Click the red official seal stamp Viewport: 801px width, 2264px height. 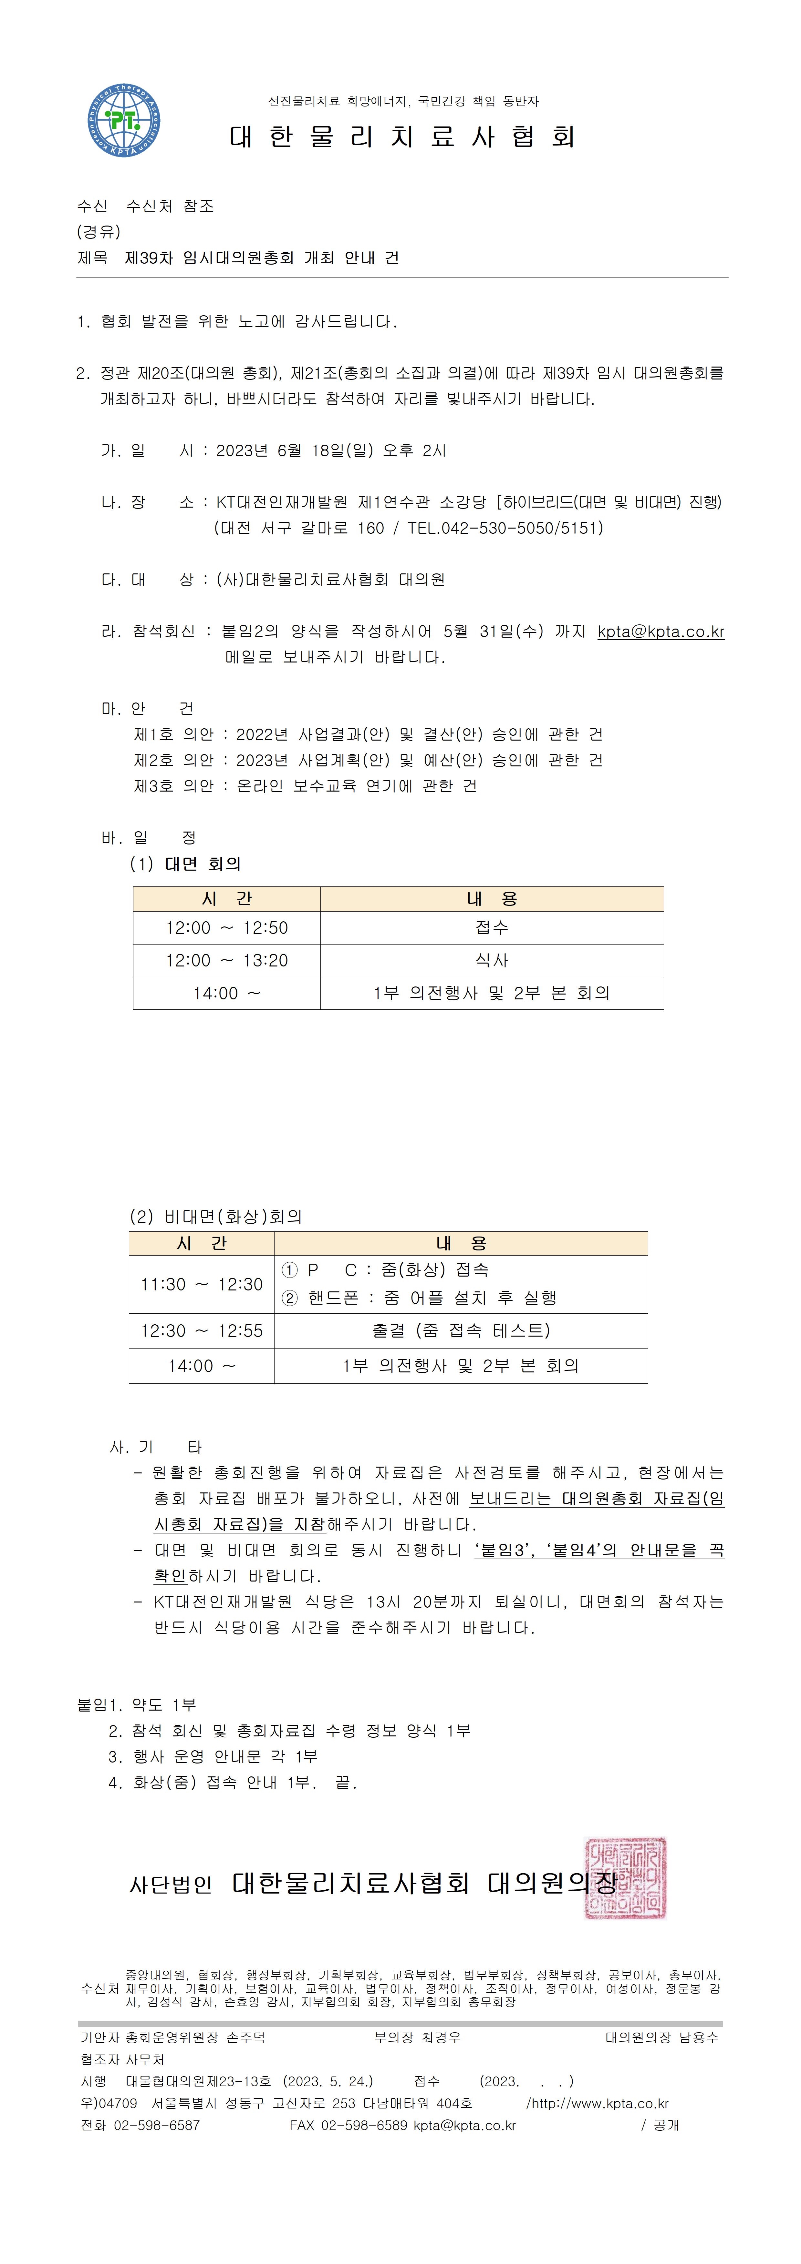pos(626,1878)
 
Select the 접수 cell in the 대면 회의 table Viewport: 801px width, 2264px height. pos(492,927)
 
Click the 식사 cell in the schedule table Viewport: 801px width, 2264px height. pos(492,961)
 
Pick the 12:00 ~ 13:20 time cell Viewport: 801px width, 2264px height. pos(227,961)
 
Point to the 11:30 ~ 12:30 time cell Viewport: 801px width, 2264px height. pos(201,1284)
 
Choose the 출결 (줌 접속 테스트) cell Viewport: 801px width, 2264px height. pos(461,1331)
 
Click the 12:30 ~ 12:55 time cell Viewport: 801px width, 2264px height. pos(201,1331)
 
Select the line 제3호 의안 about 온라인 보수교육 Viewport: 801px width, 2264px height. pos(305,786)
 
